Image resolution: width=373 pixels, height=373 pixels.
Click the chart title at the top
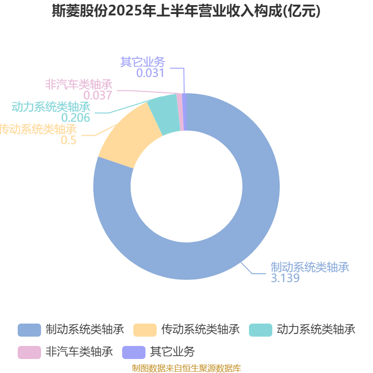click(186, 11)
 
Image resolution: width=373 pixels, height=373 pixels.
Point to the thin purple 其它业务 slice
click(184, 112)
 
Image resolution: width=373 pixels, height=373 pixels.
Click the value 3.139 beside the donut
click(285, 278)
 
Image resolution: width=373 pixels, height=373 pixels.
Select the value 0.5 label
click(69, 140)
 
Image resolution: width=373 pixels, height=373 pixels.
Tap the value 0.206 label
click(76, 117)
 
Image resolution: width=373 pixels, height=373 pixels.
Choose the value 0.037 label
click(98, 96)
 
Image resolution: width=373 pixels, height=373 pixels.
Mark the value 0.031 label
click(150, 73)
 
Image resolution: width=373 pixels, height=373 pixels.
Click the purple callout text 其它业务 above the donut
click(143, 62)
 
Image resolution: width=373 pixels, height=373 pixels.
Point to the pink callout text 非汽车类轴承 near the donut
click(79, 84)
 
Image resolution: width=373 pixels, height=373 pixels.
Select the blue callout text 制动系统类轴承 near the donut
click(310, 267)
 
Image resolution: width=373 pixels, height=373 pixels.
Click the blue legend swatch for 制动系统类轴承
click(29, 330)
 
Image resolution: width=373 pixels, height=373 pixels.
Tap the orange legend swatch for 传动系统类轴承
click(145, 330)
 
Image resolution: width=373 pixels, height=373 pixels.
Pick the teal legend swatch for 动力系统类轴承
click(261, 330)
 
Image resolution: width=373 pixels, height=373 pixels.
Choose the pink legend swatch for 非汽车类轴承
click(29, 352)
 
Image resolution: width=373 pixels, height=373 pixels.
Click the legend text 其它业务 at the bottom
click(173, 352)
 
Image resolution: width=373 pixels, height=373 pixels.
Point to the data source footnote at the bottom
click(186, 368)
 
